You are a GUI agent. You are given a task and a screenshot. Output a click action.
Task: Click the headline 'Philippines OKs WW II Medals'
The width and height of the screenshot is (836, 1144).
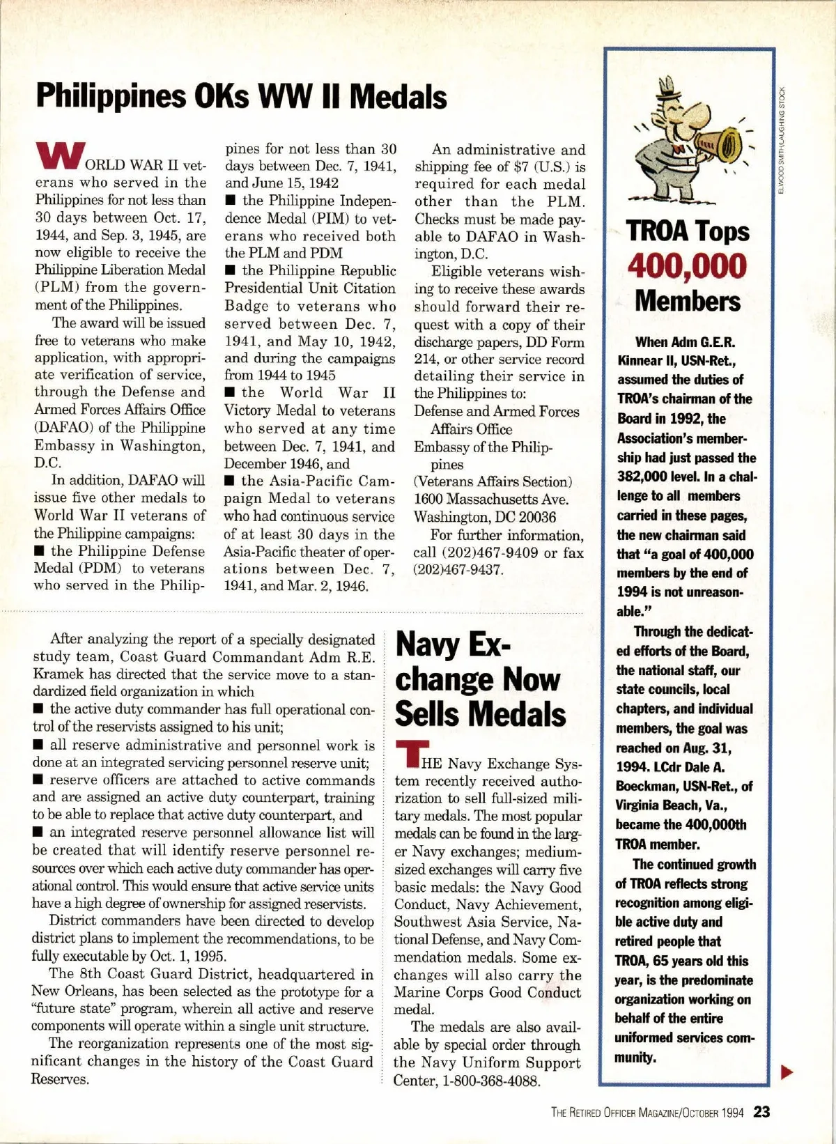241,97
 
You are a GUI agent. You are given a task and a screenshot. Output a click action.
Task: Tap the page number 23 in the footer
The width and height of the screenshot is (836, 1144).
761,1111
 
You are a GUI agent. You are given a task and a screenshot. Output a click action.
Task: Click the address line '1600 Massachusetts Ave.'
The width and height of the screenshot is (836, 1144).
491,499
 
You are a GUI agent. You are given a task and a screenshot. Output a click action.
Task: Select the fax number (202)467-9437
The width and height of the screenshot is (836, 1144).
458,569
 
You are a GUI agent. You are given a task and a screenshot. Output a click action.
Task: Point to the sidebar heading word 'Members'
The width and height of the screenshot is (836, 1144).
687,301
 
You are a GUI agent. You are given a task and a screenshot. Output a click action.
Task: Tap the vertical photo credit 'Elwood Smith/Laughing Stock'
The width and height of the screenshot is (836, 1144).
782,140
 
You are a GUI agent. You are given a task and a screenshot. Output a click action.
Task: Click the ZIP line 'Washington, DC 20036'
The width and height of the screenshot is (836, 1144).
485,517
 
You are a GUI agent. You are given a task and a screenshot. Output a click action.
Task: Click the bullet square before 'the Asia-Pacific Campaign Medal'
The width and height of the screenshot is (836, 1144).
230,481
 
